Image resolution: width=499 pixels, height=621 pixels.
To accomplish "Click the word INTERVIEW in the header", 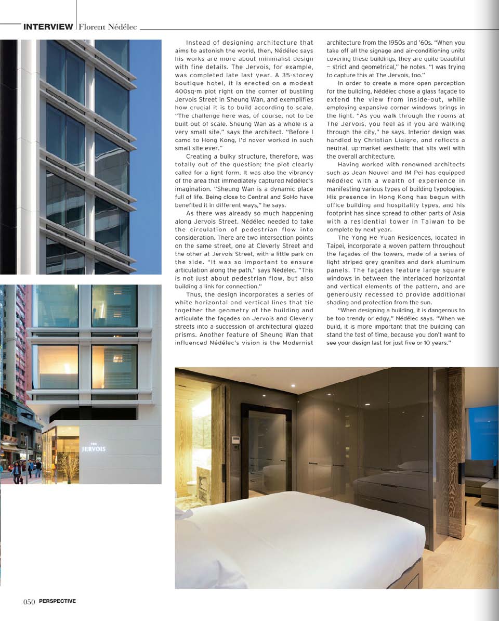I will (x=48, y=27).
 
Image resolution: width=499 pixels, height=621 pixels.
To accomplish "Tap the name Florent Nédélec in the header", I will (x=108, y=27).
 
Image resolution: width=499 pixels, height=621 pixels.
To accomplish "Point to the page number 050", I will (x=29, y=602).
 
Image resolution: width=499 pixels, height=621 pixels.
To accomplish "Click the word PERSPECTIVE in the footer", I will (x=57, y=601).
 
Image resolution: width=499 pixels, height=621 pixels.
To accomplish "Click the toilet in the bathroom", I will (x=192, y=488).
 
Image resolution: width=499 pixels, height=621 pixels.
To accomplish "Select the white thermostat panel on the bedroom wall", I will (x=236, y=441).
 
